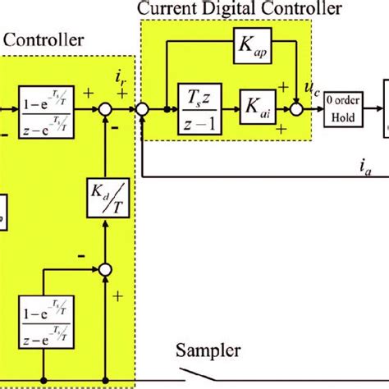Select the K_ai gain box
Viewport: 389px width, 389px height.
pyautogui.click(x=255, y=108)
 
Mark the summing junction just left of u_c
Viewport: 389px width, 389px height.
pyautogui.click(x=295, y=108)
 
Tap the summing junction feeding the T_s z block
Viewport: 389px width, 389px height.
pyautogui.click(x=142, y=108)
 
